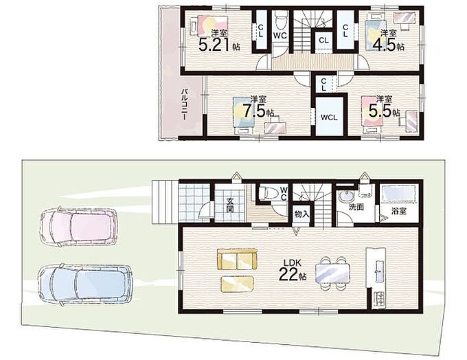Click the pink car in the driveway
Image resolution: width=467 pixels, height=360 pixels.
click(x=78, y=225)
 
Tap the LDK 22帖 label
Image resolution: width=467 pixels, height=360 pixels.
click(x=293, y=270)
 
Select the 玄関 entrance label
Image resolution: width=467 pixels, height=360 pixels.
click(x=229, y=205)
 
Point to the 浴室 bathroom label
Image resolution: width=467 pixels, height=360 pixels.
click(x=398, y=211)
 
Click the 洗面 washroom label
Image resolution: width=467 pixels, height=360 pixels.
click(x=356, y=207)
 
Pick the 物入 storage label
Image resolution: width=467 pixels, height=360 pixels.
click(x=302, y=214)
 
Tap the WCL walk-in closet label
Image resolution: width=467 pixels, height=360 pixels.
click(x=329, y=117)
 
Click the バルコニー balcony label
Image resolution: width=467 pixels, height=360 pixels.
click(x=185, y=104)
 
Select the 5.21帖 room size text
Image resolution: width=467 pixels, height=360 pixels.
click(x=220, y=45)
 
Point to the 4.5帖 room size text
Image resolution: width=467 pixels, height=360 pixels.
click(x=388, y=45)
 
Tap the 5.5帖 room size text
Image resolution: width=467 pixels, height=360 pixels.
click(x=384, y=111)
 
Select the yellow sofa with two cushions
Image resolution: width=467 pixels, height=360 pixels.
click(x=237, y=260)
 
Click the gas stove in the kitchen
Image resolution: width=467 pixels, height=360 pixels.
click(x=380, y=299)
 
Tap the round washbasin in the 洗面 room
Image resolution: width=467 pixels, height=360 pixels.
click(x=345, y=196)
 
